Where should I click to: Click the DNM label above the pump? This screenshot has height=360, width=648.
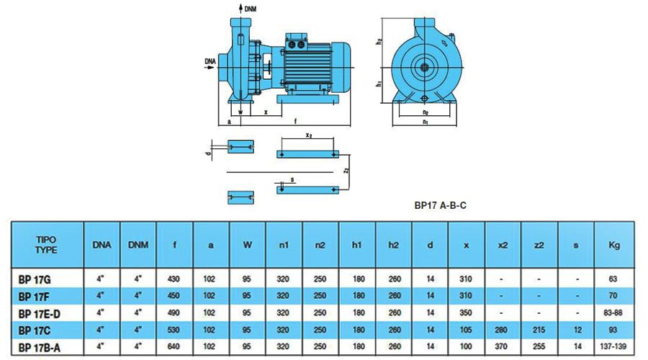251,9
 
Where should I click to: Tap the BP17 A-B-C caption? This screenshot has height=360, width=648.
440,204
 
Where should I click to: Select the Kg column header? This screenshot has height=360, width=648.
614,245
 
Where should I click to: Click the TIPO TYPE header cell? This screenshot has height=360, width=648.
46,244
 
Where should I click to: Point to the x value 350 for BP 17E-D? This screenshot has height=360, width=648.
467,312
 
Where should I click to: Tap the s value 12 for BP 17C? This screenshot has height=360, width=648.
577,330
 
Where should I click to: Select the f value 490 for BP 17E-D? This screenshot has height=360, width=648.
174,312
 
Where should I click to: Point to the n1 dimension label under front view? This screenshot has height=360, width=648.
426,123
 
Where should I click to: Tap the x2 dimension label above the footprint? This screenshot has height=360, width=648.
308,135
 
